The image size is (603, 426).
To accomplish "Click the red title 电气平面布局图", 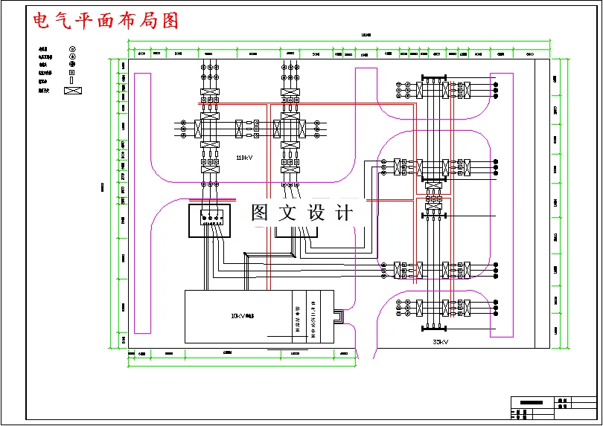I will [106, 20].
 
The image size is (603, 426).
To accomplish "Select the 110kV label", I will [244, 158].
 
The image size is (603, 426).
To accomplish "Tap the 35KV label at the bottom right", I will [440, 342].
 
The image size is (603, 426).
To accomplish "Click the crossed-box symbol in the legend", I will [72, 91].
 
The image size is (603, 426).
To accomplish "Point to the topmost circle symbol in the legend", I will [72, 48].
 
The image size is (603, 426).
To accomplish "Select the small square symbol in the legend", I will [72, 73].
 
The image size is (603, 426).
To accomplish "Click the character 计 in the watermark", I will [344, 213].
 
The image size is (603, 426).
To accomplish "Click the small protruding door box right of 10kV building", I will [339, 317].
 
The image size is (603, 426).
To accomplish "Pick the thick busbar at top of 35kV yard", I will [433, 75].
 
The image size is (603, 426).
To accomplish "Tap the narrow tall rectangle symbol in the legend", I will [72, 81].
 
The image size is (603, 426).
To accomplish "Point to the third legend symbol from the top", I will [72, 65].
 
